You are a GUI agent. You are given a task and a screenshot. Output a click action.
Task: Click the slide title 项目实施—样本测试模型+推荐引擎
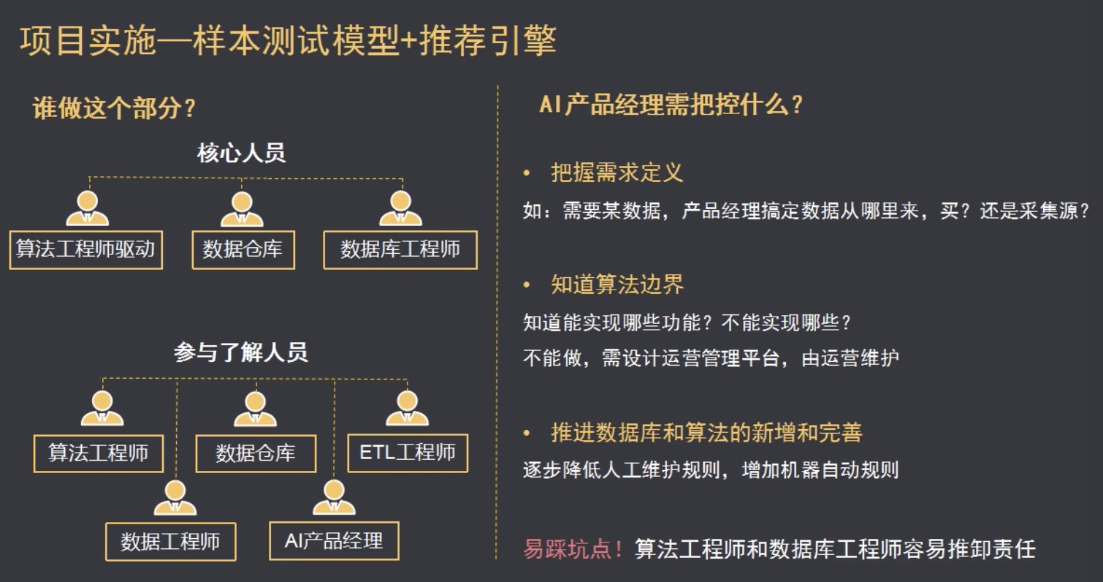[x=288, y=40]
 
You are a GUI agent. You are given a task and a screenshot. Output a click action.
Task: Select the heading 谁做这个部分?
[x=115, y=108]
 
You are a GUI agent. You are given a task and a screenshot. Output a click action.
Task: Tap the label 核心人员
[x=241, y=153]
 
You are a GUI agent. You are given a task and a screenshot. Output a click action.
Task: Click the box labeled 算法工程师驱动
[x=85, y=249]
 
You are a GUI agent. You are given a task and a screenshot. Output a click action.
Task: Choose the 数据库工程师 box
[x=400, y=249]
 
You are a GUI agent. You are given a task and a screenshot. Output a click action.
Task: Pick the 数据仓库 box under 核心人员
[x=243, y=249]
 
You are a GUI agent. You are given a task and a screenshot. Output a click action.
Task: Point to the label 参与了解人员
[x=241, y=352]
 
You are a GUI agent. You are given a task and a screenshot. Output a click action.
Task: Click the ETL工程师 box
[x=407, y=453]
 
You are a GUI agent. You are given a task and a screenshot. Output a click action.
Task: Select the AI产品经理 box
[x=334, y=540]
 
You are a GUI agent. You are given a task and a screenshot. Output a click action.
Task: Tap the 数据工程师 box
[x=170, y=542]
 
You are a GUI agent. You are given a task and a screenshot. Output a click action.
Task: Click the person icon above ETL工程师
[x=407, y=407]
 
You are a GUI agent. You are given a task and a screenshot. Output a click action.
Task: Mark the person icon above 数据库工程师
[x=400, y=208]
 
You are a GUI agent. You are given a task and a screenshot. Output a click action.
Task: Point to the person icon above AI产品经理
[x=334, y=497]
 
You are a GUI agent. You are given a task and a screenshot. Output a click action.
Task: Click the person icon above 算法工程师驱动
[x=87, y=208]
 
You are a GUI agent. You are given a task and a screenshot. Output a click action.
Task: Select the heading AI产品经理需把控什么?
[x=671, y=105]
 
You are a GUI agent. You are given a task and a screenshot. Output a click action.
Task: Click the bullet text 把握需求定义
[x=617, y=173]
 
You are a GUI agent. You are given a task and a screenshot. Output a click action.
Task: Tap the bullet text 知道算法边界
[x=617, y=284]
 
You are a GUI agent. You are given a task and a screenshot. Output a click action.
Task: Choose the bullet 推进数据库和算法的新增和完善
[x=706, y=433]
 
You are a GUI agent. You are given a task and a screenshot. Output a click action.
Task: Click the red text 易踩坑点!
[x=573, y=548]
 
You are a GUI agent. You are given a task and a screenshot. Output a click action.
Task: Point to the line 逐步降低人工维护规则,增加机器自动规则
[x=710, y=469]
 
